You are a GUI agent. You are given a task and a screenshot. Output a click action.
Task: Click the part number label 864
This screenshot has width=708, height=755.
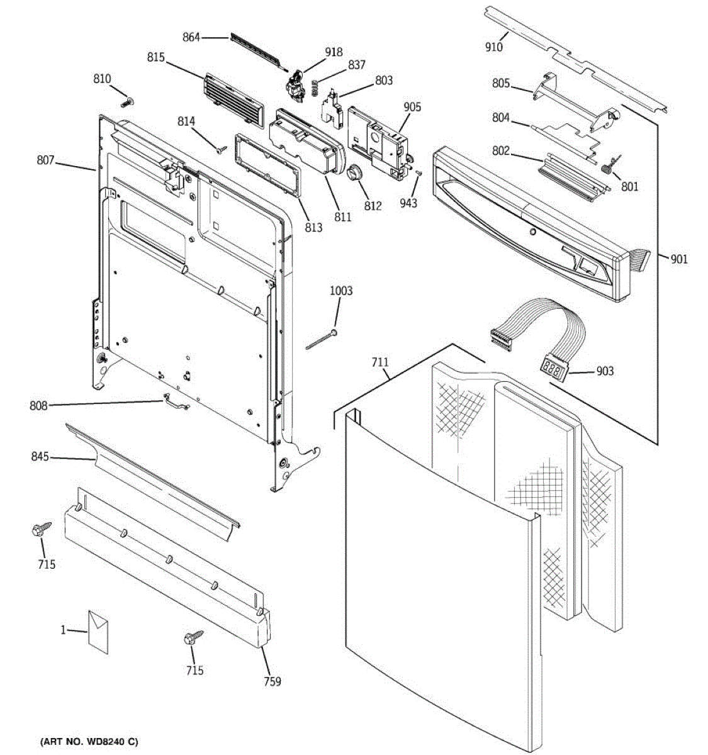pyautogui.click(x=191, y=37)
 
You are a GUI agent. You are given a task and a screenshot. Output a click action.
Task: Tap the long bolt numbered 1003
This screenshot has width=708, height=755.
pyautogui.click(x=322, y=338)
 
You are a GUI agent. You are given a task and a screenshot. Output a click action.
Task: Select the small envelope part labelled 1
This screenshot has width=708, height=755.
pyautogui.click(x=98, y=630)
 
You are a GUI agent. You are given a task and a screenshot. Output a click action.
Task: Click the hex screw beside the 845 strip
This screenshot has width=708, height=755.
pyautogui.click(x=38, y=531)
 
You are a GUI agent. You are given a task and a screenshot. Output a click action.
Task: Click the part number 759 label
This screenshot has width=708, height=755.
pyautogui.click(x=272, y=681)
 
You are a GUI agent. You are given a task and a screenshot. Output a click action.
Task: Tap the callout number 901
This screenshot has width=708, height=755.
pyautogui.click(x=678, y=259)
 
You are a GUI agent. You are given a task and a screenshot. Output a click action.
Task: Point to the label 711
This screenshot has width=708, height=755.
pyautogui.click(x=380, y=362)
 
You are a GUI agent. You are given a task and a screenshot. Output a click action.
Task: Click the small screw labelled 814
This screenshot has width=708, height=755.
pyautogui.click(x=220, y=149)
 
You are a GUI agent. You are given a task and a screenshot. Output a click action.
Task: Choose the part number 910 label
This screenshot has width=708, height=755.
pyautogui.click(x=493, y=47)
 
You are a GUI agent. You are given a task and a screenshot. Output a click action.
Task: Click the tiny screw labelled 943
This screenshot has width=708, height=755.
pyautogui.click(x=418, y=174)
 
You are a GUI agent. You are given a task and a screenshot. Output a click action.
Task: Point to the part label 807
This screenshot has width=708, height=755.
pyautogui.click(x=45, y=160)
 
